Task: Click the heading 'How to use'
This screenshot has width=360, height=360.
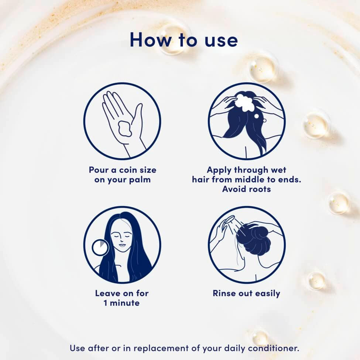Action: (x=184, y=40)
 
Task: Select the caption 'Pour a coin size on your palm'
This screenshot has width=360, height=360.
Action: (x=122, y=175)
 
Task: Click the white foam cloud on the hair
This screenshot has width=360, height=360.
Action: (x=245, y=102)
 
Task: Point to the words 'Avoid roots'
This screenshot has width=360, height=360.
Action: (x=246, y=189)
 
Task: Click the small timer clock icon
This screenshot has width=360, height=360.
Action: (x=100, y=247)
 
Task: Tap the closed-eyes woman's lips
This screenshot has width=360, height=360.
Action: (x=122, y=245)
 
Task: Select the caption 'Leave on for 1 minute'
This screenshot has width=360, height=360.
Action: (x=122, y=298)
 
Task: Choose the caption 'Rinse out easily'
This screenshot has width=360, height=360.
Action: (x=246, y=294)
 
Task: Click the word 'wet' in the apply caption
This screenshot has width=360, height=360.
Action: (x=278, y=170)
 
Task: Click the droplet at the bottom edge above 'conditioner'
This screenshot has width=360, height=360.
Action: (x=260, y=337)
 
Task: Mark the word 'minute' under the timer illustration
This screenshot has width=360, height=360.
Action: (x=125, y=303)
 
